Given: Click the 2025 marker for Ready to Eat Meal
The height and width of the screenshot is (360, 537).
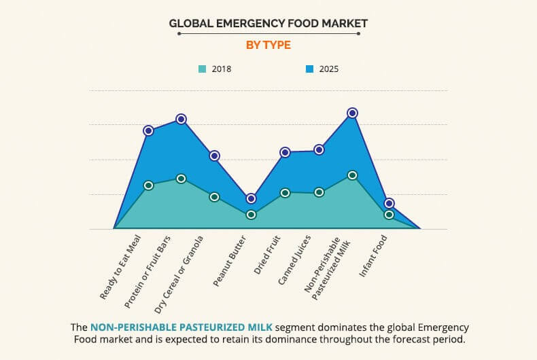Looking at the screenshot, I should point(148,130).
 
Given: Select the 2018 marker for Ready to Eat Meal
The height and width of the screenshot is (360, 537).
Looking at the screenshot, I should point(148,185).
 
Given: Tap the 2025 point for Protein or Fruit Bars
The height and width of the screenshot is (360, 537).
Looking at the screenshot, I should point(181,119).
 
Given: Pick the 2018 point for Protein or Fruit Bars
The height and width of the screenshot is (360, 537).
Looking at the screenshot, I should point(181,179).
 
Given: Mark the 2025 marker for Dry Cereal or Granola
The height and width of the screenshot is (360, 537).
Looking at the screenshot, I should point(214,156).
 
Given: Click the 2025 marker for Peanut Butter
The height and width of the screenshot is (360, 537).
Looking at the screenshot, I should point(251,198).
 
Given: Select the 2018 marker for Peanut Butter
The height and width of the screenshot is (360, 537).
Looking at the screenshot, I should point(251,215).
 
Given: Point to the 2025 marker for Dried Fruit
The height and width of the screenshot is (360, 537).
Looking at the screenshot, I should point(285,152).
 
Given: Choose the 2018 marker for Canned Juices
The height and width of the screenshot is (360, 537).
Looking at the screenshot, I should point(319,192).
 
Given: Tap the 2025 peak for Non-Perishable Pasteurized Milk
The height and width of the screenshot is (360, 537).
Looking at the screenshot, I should point(352,113).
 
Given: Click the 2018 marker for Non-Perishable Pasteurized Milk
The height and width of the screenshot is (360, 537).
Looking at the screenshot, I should point(352,175).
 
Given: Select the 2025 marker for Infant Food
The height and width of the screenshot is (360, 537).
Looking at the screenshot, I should point(389,203).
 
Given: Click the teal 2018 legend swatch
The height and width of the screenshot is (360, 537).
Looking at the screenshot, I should point(203,69).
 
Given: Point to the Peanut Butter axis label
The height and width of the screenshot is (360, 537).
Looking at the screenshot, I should point(232,262).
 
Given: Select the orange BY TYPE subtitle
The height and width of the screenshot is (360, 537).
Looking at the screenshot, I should point(268,45).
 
